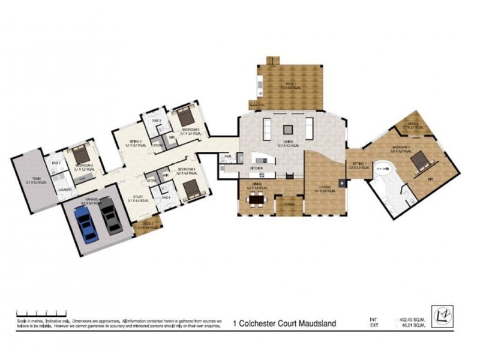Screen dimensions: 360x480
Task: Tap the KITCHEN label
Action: click(259, 167)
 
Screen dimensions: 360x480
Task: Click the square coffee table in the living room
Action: click(289, 127)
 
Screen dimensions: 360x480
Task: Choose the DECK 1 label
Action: click(289, 84)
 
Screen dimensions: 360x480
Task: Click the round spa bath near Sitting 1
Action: click(381, 173)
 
